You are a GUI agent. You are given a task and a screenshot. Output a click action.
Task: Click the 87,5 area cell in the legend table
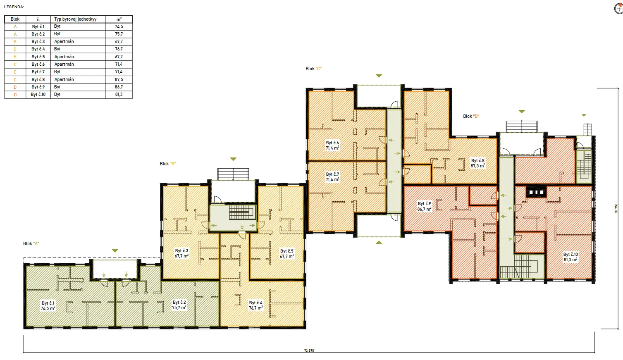click(x=119, y=79)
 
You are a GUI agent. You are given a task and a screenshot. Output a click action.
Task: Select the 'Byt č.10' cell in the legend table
click(x=38, y=95)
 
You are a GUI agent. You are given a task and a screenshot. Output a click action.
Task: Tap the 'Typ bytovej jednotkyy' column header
click(x=75, y=19)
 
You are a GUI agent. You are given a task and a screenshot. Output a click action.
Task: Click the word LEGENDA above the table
click(x=14, y=7)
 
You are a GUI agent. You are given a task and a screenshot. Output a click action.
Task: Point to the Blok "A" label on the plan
click(x=31, y=244)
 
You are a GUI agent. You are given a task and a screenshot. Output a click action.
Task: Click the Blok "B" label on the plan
click(x=168, y=164)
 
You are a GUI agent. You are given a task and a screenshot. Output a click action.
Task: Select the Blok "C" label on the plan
click(x=314, y=69)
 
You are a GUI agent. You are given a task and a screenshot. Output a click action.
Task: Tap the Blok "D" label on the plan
click(x=471, y=117)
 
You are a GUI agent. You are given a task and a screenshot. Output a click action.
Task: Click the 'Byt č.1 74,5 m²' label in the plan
click(x=48, y=306)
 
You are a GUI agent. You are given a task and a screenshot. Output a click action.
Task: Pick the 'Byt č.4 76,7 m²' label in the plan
click(x=255, y=305)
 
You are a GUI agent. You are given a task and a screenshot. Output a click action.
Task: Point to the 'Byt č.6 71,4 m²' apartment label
click(x=332, y=145)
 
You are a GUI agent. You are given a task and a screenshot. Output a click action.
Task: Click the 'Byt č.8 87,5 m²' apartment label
click(x=477, y=163)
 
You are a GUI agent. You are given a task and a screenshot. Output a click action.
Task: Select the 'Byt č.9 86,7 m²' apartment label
click(x=424, y=206)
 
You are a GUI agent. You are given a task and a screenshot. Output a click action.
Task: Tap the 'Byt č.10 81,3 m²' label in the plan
click(x=570, y=257)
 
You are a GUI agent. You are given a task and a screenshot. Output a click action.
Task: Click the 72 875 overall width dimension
click(x=309, y=350)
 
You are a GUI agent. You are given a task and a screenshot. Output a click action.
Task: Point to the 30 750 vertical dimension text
click(x=616, y=208)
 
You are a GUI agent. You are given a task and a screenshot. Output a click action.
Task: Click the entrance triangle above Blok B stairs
click(x=233, y=159)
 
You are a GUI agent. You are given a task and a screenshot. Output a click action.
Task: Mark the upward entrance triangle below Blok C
click(x=379, y=242)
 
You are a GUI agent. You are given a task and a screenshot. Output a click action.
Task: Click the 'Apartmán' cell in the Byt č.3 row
click(x=64, y=42)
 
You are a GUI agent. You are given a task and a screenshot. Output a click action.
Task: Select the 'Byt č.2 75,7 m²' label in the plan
click(x=179, y=305)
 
